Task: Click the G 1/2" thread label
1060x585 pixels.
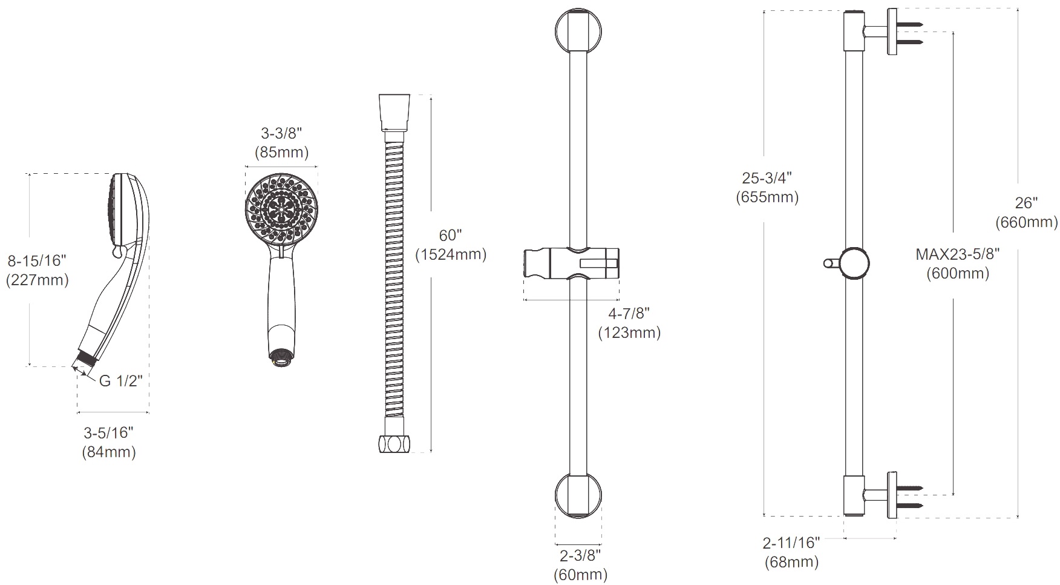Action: tap(120, 381)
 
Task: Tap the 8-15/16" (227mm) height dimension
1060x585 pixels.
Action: tap(37, 271)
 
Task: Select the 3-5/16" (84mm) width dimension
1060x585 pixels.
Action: tap(109, 442)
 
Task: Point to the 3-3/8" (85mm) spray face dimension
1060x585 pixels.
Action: tap(281, 143)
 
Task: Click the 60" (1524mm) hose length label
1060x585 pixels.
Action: tap(451, 245)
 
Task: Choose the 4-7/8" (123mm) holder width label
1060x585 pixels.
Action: tap(629, 323)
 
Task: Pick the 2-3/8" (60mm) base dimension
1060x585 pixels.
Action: tap(581, 565)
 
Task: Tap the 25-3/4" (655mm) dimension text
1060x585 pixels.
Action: tap(767, 188)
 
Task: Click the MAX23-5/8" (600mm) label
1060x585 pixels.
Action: tap(958, 263)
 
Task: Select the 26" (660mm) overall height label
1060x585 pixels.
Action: tap(1027, 213)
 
